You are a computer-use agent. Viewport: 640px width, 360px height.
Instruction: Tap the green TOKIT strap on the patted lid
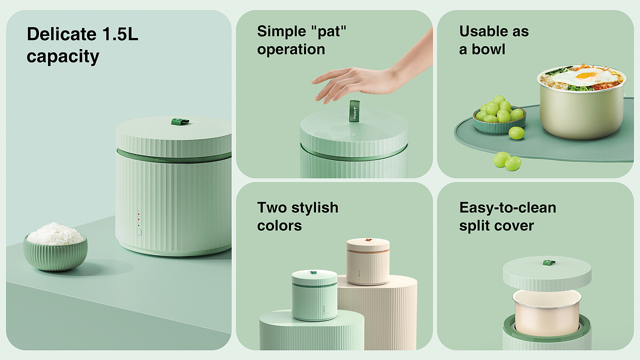pos(354,111)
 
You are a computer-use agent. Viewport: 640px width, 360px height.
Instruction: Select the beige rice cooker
pos(368,261)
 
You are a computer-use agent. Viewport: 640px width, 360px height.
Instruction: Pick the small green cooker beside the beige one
pos(314,295)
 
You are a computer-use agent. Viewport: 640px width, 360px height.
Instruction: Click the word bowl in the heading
pos(488,49)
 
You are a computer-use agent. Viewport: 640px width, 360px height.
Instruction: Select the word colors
pos(279,225)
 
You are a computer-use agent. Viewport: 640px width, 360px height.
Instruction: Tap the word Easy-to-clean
pos(507,207)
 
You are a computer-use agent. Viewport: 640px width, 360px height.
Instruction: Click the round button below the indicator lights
pos(138,232)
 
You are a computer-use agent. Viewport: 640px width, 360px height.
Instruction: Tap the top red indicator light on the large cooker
pos(138,213)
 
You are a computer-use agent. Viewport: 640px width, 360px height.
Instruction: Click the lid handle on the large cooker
pos(180,121)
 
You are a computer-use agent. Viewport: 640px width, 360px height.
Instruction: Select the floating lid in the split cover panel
pos(547,273)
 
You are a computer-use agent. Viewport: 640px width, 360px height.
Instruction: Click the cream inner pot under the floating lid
pos(547,313)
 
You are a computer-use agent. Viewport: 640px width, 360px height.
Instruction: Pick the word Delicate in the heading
pos(61,34)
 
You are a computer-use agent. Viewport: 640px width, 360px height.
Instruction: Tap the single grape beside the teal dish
pos(516,133)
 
